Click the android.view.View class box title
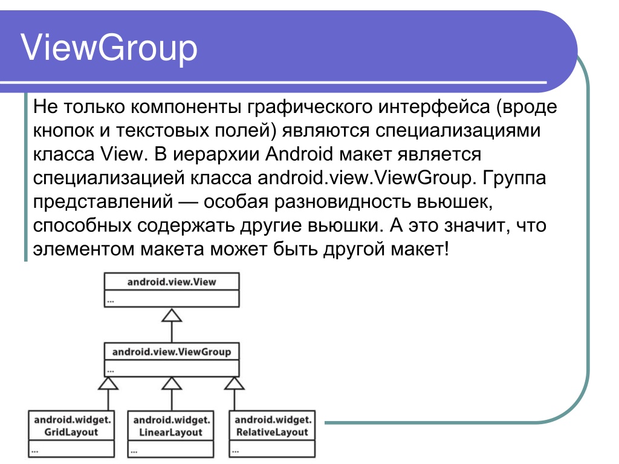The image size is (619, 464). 172,282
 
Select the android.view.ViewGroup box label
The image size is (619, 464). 172,352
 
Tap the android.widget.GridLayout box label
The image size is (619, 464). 73,426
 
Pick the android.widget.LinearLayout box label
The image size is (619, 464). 171,426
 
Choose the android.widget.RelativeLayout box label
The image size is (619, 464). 273,426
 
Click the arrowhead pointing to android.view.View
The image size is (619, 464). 172,315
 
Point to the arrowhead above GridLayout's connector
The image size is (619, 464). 108,383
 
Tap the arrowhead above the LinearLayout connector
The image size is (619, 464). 172,383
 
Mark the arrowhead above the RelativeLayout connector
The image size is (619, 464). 235,383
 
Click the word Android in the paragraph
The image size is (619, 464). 299,154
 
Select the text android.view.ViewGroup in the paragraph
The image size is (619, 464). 365,178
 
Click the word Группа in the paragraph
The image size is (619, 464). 514,179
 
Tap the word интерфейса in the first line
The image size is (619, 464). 434,108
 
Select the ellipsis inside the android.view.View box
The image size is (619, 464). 111,301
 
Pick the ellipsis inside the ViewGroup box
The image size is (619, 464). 111,371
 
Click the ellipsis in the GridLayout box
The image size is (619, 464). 34,451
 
